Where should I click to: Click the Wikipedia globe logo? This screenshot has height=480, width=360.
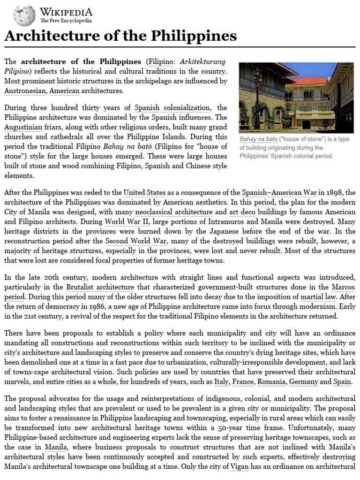(24, 16)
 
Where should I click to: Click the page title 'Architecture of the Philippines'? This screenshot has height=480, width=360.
(120, 37)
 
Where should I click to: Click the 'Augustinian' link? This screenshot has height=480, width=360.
(23, 127)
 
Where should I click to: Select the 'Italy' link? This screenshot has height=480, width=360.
(221, 382)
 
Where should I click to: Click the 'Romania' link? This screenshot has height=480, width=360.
(270, 382)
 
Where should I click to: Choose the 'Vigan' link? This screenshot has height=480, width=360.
(239, 466)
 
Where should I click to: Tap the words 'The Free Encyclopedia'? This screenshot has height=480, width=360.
(66, 21)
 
